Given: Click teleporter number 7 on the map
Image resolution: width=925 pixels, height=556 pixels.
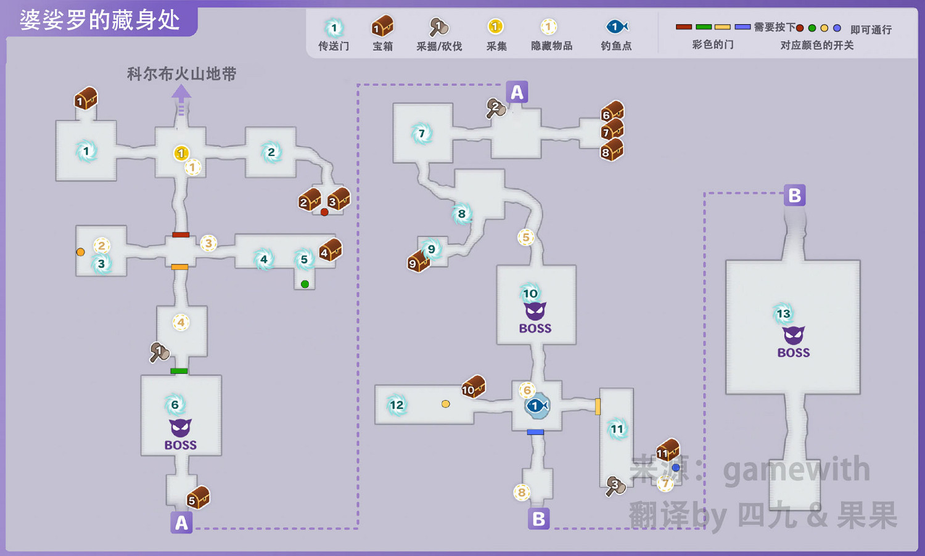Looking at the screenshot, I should pos(422,133).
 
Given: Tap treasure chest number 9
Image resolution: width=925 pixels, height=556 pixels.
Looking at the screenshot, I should pos(417,262).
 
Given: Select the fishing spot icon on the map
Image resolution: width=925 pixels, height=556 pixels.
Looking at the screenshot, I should pos(536,406).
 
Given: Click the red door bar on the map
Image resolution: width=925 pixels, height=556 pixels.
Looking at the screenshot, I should pos(181,235).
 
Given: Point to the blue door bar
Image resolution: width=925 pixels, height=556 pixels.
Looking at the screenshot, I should pos(535,432).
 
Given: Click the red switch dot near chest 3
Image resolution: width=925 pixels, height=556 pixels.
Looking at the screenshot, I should pos(324,212).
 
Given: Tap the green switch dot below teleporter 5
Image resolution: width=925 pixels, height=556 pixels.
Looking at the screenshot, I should pos(305,284).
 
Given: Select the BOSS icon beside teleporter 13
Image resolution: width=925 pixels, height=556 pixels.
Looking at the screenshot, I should pos(794,341).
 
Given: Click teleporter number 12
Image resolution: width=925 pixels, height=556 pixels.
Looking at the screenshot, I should pos(397,405).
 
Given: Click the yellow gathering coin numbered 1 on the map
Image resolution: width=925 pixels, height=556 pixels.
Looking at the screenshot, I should pos(181,153).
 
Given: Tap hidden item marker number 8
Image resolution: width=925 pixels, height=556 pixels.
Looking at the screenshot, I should pos(522,492).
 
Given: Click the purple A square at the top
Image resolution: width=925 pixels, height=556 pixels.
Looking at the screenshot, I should pos(517,92).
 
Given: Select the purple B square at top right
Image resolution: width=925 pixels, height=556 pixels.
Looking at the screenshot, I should pos(794,196).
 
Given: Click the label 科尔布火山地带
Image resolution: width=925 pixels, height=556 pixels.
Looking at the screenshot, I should pos(181,75).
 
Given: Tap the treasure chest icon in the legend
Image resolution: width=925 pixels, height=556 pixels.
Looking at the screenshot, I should pos(382,27).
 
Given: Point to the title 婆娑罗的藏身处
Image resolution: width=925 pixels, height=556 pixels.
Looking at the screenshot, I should pos(100,20).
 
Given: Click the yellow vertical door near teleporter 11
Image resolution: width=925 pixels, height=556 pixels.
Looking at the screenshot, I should pos(598,406).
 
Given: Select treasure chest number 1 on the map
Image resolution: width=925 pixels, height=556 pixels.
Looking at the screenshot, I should pos(86,99).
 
